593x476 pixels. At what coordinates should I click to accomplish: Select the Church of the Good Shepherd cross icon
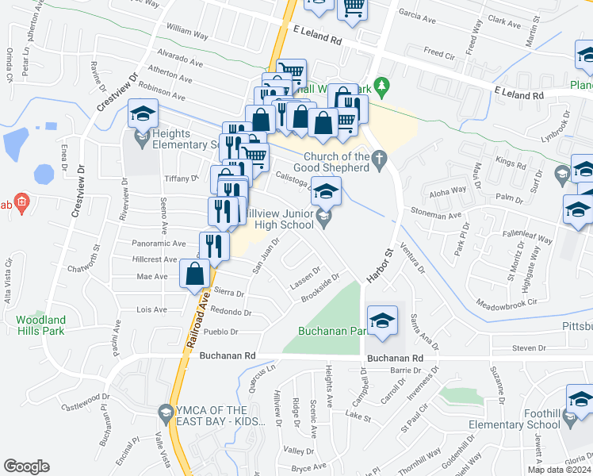coord(380,156)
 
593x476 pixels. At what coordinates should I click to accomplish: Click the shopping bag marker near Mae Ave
coord(196,275)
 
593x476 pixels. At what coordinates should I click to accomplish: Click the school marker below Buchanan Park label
coord(382,321)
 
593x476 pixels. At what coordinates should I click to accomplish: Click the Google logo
coord(27,466)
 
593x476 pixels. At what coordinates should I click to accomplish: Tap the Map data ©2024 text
coord(559,470)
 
